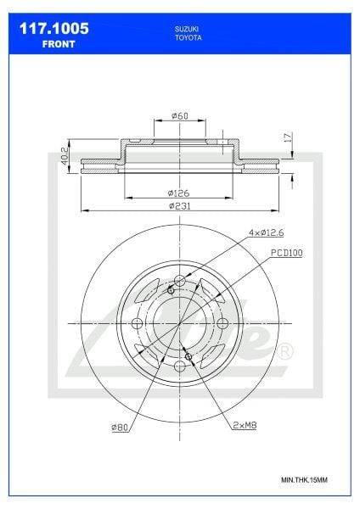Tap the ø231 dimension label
point(179,206)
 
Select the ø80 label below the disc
point(119,428)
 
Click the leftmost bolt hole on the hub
point(138,325)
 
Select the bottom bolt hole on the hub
point(181,367)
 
